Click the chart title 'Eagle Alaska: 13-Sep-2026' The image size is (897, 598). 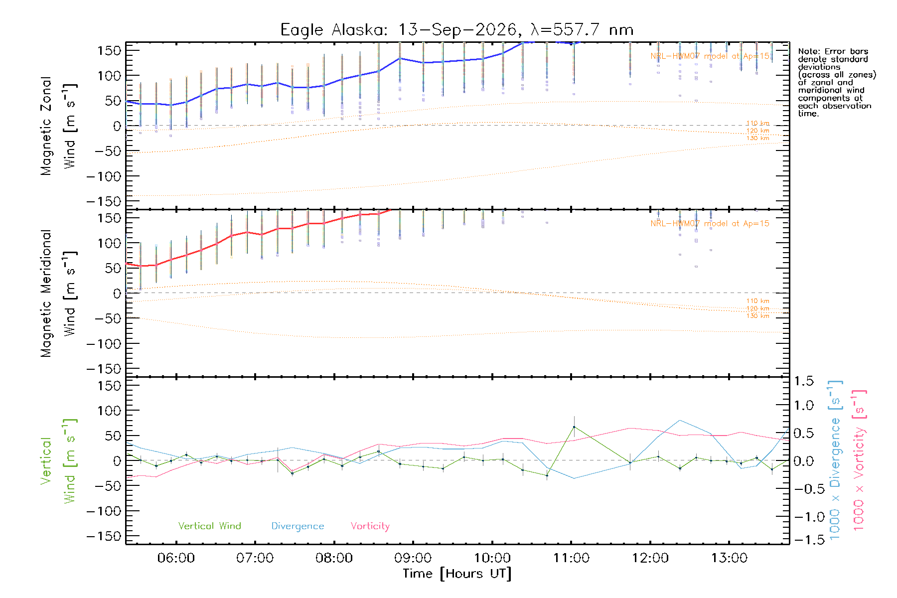(x=398, y=30)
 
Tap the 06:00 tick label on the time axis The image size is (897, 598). (x=176, y=558)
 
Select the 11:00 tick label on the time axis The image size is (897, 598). (x=571, y=558)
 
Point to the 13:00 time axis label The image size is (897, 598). (x=729, y=558)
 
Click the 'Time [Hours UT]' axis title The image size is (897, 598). (x=457, y=574)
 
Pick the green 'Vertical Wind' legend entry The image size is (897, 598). (x=209, y=526)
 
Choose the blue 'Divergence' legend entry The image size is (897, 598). (x=298, y=526)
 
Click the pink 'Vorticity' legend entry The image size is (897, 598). (x=370, y=526)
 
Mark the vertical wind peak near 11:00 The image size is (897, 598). (x=574, y=427)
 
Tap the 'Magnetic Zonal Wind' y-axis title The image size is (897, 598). (x=58, y=126)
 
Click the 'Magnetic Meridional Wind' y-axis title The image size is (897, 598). (x=58, y=294)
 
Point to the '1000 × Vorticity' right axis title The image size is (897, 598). (x=859, y=460)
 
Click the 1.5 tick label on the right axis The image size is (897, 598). (x=803, y=381)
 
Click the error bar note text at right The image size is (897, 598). (x=837, y=82)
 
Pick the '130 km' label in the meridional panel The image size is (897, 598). (x=757, y=316)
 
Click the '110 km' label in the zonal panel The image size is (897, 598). (x=757, y=123)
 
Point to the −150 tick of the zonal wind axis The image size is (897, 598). (x=104, y=201)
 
